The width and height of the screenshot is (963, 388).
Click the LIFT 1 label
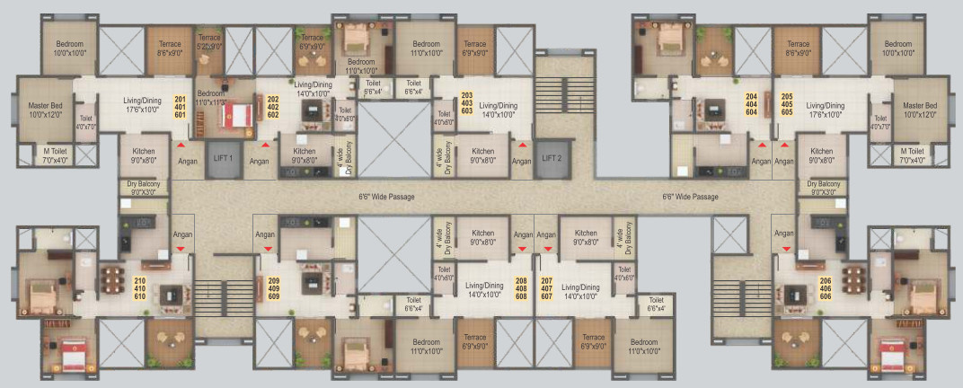225,158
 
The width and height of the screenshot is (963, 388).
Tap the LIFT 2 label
552,158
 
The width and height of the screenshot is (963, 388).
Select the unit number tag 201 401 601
180,105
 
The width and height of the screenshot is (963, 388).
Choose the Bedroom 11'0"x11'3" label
211,98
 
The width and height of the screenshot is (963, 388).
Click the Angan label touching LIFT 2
521,161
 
